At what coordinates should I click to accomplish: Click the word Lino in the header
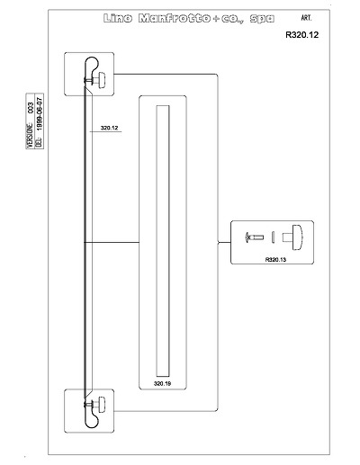118,19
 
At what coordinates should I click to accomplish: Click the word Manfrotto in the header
175,19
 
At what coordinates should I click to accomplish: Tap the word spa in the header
262,19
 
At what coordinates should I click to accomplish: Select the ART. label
306,18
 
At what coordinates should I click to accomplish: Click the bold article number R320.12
301,35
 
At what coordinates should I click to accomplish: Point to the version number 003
31,108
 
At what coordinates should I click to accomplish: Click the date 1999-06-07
40,113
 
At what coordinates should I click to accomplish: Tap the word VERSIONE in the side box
31,135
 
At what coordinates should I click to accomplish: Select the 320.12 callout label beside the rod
109,128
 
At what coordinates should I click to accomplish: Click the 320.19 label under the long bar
162,383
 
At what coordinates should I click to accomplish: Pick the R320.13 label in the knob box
275,260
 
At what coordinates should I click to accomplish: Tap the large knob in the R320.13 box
294,237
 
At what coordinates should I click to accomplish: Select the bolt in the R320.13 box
255,237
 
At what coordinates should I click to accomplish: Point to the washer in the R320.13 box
273,237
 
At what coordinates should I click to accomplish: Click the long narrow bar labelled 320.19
163,241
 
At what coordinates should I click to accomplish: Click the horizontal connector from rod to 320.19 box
112,242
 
